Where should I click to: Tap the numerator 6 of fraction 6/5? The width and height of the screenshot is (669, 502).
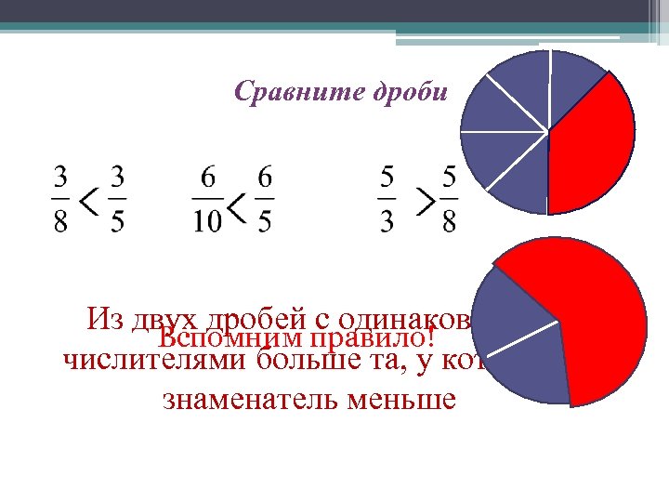[265, 176]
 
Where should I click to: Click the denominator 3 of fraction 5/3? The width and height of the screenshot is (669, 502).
[387, 222]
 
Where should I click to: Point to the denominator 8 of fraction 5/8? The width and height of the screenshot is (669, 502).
[449, 222]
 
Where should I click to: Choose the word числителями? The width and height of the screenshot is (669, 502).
[158, 359]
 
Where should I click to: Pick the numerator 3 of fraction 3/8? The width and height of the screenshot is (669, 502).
[59, 176]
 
